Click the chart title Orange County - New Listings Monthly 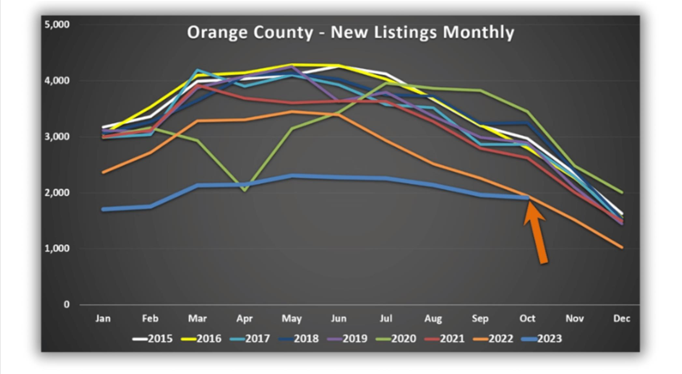(350, 33)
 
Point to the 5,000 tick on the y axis (57, 24)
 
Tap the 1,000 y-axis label (57, 248)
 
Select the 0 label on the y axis (66, 304)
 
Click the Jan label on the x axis (103, 318)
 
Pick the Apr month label (244, 318)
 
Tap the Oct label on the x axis (527, 318)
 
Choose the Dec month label (621, 318)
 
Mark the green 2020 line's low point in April (245, 190)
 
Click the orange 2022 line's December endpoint (622, 247)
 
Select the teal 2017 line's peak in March (197, 70)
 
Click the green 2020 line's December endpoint (622, 192)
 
